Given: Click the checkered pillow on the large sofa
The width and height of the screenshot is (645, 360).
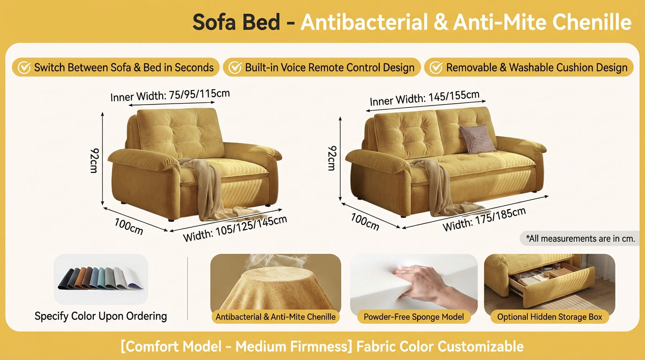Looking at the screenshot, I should (477, 139).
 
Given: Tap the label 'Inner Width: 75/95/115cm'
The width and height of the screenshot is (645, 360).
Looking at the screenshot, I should (170, 95).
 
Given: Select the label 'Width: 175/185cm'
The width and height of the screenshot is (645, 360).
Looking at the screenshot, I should (484, 219).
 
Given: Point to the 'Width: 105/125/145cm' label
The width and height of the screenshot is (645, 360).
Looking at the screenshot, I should (235, 228).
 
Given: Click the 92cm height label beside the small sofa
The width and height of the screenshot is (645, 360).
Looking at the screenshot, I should (94, 160).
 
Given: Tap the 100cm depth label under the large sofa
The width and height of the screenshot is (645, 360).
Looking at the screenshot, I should (365, 221).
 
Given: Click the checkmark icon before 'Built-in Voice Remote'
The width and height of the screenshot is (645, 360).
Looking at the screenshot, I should (234, 67).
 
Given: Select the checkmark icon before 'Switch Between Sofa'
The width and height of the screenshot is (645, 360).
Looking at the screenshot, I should (24, 67).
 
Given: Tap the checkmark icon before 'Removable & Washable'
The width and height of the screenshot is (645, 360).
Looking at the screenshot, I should (436, 67).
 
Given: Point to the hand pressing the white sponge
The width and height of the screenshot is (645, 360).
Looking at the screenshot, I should (420, 282).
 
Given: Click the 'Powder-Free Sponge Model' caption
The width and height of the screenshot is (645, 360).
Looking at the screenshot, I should (413, 317).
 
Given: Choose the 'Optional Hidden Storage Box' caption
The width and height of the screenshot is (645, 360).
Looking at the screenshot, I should (549, 317).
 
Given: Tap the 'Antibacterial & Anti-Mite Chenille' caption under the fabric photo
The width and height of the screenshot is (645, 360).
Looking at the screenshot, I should (276, 317).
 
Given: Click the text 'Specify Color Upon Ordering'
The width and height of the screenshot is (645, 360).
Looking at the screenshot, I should (101, 316).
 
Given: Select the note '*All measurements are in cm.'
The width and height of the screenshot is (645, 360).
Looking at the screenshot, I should (580, 239).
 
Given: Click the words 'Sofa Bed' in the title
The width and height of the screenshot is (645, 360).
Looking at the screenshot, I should (236, 22).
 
